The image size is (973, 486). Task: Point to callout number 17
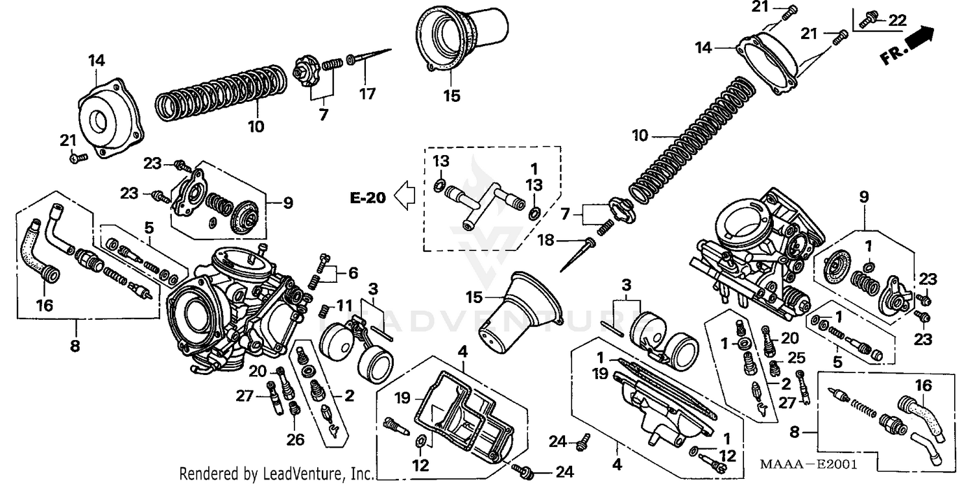click(367, 94)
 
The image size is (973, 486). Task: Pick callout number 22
click(896, 21)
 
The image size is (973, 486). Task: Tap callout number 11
click(344, 305)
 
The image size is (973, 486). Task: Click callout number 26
click(295, 440)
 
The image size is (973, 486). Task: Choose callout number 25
click(796, 358)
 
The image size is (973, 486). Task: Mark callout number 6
click(352, 273)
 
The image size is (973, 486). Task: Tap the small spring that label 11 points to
click(325, 310)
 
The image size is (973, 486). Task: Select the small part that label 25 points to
click(773, 369)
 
